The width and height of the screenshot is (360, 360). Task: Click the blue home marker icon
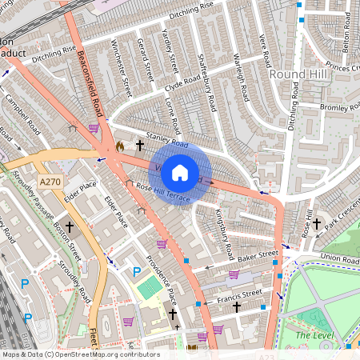tap(180, 172)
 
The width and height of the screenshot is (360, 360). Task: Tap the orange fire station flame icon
tap(120, 146)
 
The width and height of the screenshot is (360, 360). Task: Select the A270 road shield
tap(50, 182)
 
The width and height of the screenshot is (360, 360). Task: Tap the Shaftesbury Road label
tap(206, 82)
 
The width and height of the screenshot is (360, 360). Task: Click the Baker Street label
tap(258, 255)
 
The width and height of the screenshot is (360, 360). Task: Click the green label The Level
tap(314, 335)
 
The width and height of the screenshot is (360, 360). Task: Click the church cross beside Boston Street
tap(70, 227)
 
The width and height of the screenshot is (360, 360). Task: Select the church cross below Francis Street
tap(235, 306)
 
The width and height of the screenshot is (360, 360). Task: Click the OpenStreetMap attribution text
tap(80, 354)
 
